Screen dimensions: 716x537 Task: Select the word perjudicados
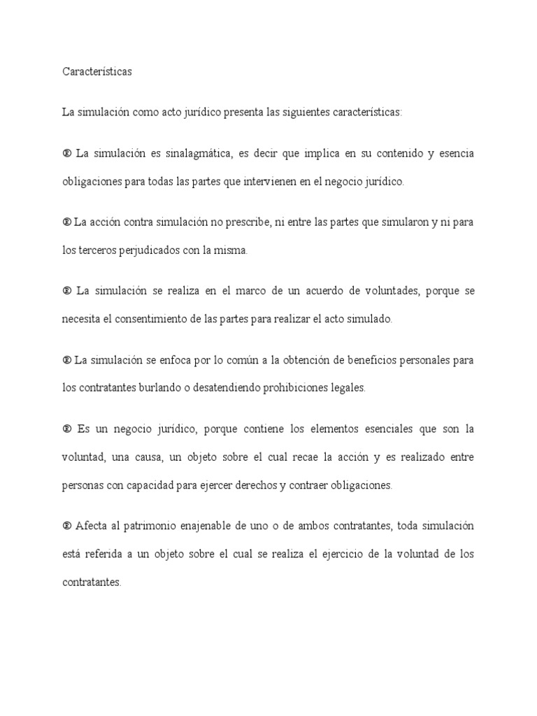point(139,250)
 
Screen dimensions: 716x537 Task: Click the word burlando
point(144,388)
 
